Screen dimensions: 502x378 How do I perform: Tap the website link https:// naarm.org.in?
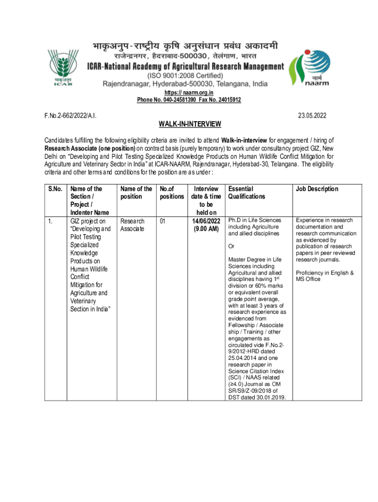click(x=189, y=93)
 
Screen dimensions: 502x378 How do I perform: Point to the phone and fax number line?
click(x=189, y=100)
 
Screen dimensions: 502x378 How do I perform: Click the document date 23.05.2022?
click(x=312, y=116)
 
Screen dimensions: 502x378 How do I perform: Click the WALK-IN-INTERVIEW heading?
click(x=189, y=124)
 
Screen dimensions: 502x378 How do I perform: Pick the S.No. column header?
click(x=55, y=189)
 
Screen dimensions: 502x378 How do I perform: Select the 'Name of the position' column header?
click(x=136, y=193)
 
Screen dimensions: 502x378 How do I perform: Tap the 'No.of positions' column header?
click(x=171, y=193)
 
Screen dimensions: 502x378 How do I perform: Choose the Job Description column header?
click(x=317, y=189)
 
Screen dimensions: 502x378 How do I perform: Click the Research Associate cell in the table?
click(x=133, y=225)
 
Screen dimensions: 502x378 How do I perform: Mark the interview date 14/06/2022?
click(x=206, y=221)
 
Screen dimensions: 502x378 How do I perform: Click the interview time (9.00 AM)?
click(x=206, y=229)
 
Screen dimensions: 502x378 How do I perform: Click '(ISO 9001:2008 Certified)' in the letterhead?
click(x=185, y=75)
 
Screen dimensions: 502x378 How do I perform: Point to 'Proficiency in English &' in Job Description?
click(x=324, y=273)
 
